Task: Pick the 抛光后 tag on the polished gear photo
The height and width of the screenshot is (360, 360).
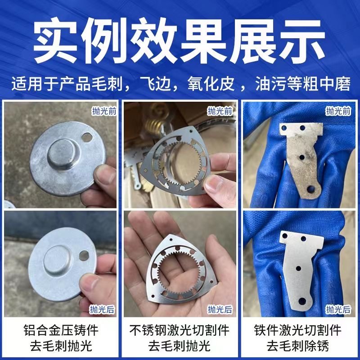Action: [x=220, y=309]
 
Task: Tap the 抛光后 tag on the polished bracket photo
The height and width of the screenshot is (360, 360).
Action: [x=338, y=309]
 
